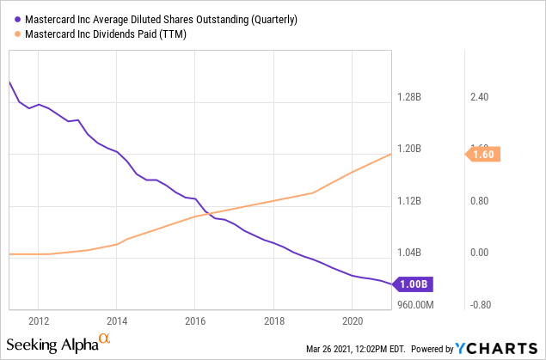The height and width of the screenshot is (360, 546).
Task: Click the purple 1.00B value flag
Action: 410,283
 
